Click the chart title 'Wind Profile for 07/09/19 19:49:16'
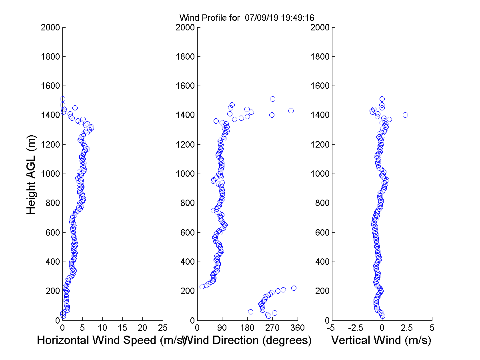pyautogui.click(x=246, y=18)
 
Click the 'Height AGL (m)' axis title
pyautogui.click(x=32, y=174)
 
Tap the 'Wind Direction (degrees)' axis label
pyautogui.click(x=248, y=340)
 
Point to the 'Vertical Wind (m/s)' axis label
pyautogui.click(x=381, y=340)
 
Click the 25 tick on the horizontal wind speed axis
pyautogui.click(x=163, y=328)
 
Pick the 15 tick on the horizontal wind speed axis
pyautogui.click(x=123, y=328)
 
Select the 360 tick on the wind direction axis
pyautogui.click(x=298, y=328)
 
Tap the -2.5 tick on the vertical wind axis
pyautogui.click(x=357, y=328)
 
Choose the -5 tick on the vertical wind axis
pyautogui.click(x=332, y=328)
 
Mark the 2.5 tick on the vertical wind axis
pyautogui.click(x=407, y=328)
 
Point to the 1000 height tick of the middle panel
pyautogui.click(x=185, y=174)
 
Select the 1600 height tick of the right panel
pyautogui.click(x=320, y=86)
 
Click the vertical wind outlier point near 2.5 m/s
pyautogui.click(x=405, y=115)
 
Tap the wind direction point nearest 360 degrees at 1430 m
pyautogui.click(x=291, y=110)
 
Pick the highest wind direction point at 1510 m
pyautogui.click(x=272, y=99)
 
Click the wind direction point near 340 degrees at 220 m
pyautogui.click(x=294, y=288)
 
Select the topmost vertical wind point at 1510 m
pyautogui.click(x=382, y=99)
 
